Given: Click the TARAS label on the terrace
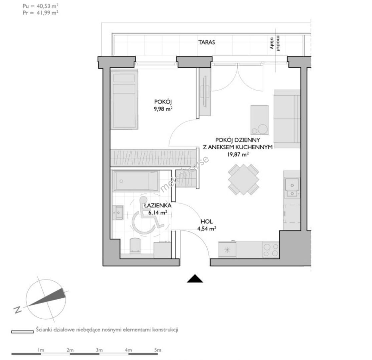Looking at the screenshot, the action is tap(207, 42).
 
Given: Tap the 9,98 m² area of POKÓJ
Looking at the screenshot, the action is tap(163, 109).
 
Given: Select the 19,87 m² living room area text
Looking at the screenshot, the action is tap(238, 155).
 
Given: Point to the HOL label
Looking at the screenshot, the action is tap(207, 222).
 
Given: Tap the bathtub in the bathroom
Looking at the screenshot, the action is tap(136, 181).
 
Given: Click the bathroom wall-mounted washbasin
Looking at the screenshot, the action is tap(118, 213).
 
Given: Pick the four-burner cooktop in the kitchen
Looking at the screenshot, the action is tap(271, 250).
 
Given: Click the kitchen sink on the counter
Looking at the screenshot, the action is tap(292, 187).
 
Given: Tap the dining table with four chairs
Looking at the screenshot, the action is tap(244, 179).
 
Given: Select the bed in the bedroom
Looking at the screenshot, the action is tap(124, 100).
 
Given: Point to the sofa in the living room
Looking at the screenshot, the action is tap(287, 119).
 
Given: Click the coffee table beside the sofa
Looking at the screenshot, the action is tap(259, 120).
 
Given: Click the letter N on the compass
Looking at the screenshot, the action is tap(18, 310).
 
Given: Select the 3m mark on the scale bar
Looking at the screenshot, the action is tap(99, 350).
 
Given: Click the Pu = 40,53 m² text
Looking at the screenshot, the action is tap(41, 6).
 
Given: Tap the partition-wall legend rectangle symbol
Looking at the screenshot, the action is tap(23, 332).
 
